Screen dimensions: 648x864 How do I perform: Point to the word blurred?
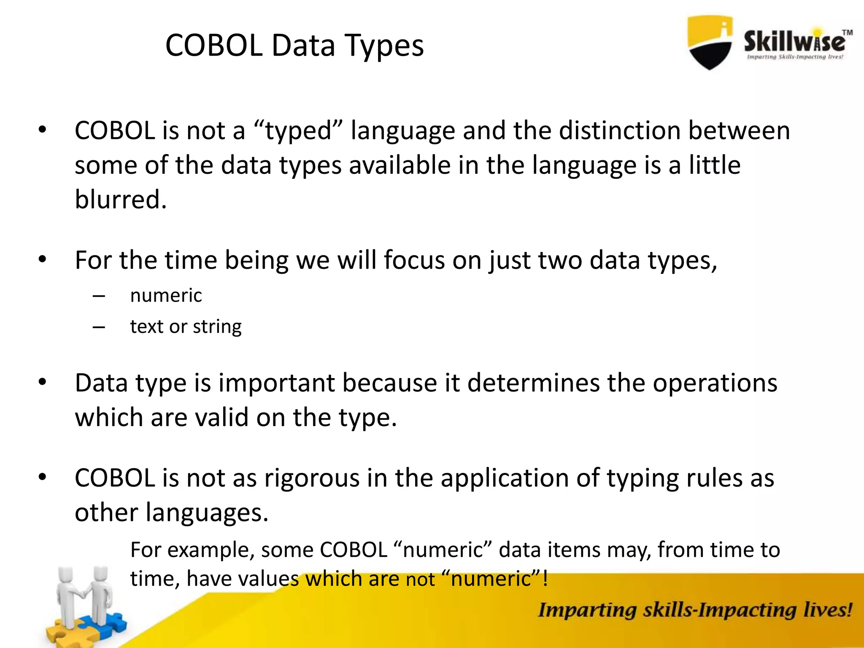(120, 200)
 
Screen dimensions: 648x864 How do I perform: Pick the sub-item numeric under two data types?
(166, 295)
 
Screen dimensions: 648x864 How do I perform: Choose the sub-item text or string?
(186, 327)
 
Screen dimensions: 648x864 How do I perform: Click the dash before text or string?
(99, 327)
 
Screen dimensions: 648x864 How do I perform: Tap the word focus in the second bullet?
(414, 260)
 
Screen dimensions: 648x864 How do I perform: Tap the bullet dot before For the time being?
(42, 259)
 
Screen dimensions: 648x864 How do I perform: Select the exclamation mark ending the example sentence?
(545, 578)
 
